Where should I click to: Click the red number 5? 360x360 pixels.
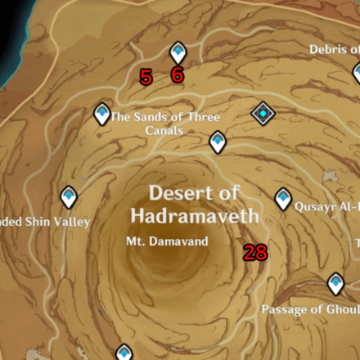pos(146,78)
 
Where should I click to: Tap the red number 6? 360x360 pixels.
pos(177,76)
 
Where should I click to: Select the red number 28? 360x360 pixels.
pos(255,253)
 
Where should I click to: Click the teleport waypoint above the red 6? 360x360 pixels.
pos(178,53)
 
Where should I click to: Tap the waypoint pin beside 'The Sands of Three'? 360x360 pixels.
pos(101,114)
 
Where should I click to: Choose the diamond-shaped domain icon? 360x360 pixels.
pos(262,113)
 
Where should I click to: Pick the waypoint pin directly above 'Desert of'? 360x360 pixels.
pos(217,142)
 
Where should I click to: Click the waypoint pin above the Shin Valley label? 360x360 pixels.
pos(69,196)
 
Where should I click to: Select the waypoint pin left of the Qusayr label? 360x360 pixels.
pos(283,198)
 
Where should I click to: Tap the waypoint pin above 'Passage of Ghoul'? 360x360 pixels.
pos(335,284)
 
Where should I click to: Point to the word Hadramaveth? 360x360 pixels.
pos(195,216)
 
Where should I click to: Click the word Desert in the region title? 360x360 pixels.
pos(176,193)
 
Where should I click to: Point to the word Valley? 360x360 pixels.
pos(72,222)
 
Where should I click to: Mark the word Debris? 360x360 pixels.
pos(328,50)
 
